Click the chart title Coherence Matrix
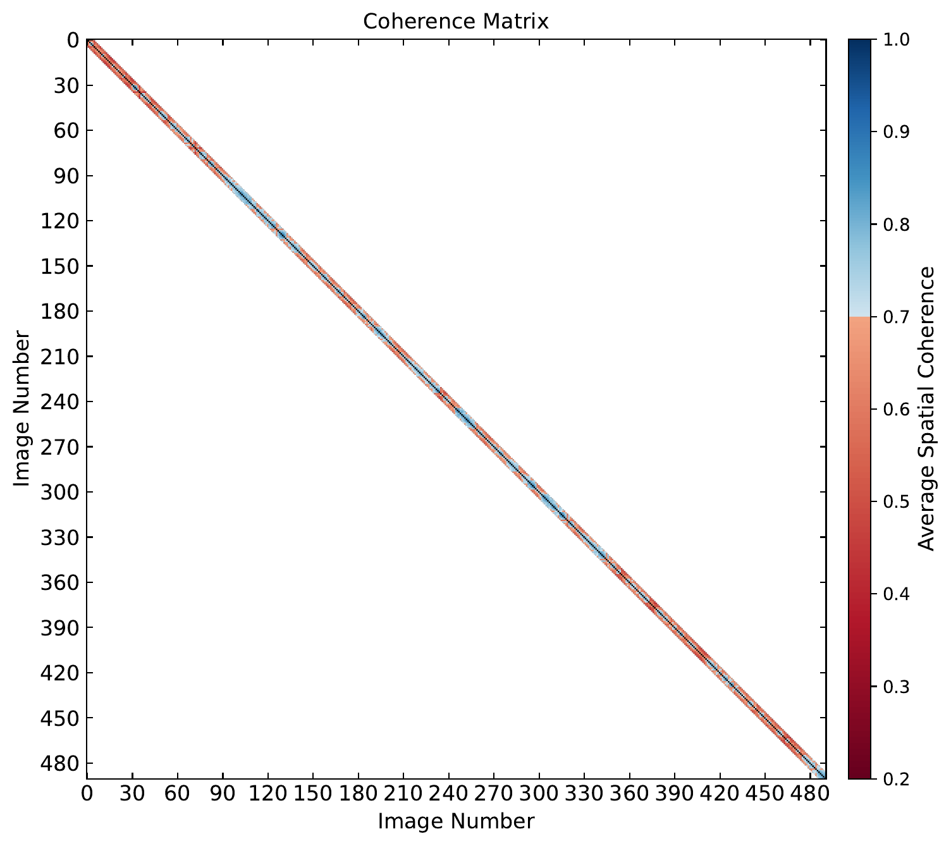tap(455, 21)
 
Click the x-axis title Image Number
tap(455, 821)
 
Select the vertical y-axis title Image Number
tap(21, 408)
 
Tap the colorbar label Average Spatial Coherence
tap(926, 408)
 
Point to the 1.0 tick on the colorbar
tap(888, 40)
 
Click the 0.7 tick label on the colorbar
tap(888, 317)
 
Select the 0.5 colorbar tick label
tap(888, 501)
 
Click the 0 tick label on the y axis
tap(71, 40)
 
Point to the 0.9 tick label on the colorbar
tap(888, 132)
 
